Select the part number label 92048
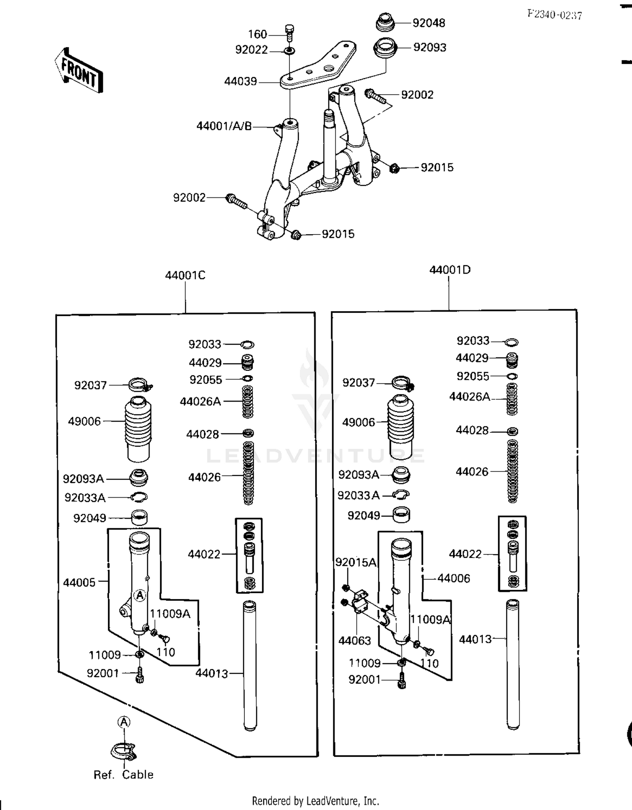428,23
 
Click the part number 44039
240,81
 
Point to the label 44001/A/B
224,126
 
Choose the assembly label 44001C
185,275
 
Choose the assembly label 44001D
450,270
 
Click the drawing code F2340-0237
554,15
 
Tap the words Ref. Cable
123,775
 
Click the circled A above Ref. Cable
124,722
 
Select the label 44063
354,641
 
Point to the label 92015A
356,562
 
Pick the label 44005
79,583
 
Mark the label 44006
453,578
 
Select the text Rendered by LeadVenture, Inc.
315,801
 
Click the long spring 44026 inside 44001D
512,471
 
